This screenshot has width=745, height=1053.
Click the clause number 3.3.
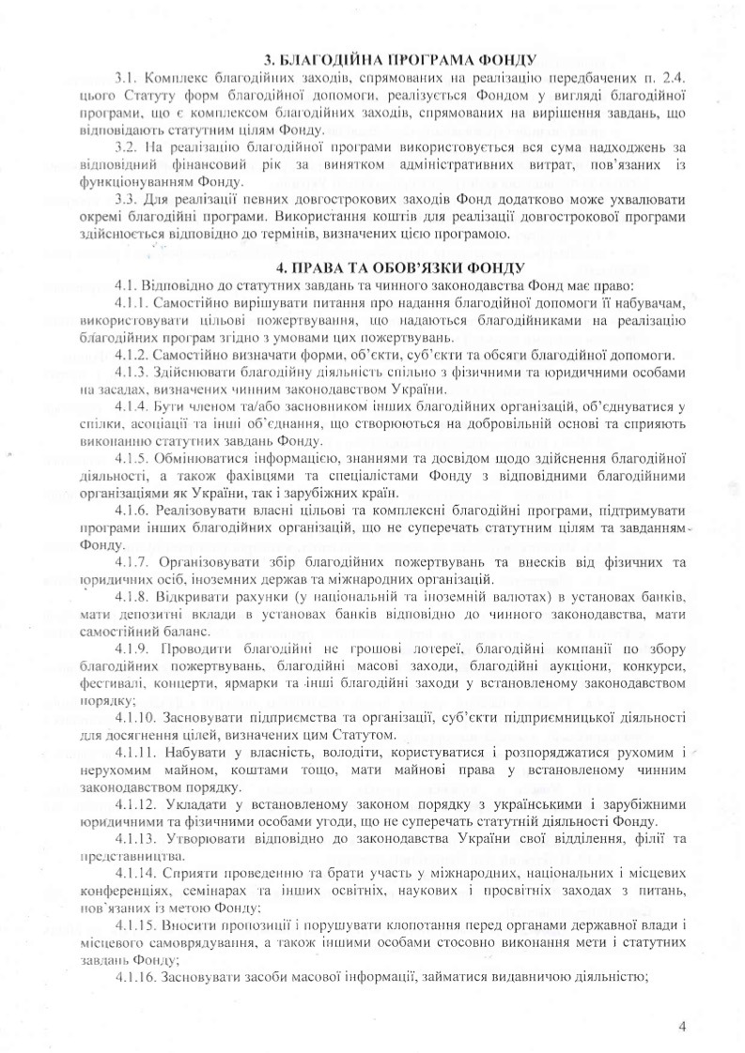pyautogui.click(x=125, y=199)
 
